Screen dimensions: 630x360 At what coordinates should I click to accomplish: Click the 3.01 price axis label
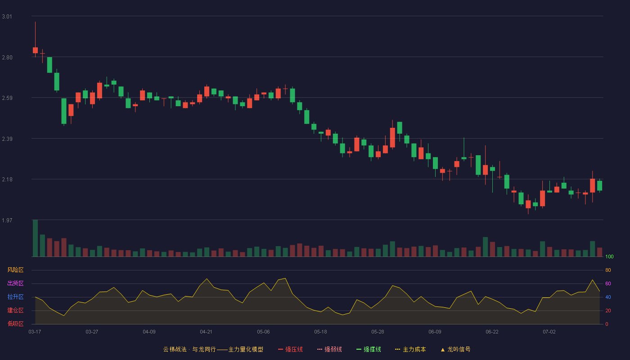(x=7, y=17)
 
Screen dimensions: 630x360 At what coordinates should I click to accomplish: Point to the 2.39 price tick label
(x=7, y=139)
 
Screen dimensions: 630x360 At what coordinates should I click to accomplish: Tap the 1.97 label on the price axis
(x=7, y=220)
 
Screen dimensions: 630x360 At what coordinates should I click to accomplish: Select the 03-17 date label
(x=35, y=332)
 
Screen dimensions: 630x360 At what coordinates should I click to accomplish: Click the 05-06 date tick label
(x=263, y=332)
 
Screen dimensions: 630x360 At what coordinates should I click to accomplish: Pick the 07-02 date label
(x=549, y=332)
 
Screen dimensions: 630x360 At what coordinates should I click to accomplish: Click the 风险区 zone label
(x=15, y=270)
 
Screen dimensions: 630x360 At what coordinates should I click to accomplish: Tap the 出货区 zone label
(x=15, y=283)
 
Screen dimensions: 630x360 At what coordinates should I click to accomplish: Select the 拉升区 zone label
(x=15, y=297)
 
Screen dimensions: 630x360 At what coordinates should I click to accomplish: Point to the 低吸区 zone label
(x=15, y=324)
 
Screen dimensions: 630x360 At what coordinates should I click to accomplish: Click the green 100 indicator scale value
(x=609, y=256)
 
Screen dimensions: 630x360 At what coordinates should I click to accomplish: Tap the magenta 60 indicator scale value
(x=608, y=283)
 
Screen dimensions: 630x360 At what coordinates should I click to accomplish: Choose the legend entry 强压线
(x=290, y=349)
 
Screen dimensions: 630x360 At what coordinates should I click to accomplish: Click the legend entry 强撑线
(x=369, y=349)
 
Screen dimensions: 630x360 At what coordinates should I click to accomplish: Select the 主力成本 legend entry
(x=410, y=349)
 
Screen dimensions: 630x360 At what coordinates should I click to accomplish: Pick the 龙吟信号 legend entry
(x=455, y=349)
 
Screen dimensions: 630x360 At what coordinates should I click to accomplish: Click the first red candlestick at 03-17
(x=35, y=50)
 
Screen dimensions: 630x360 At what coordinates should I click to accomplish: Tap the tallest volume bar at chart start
(x=35, y=238)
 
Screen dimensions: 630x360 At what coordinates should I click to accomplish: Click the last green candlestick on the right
(x=599, y=185)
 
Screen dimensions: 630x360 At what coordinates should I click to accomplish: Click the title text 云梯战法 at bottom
(x=175, y=349)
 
